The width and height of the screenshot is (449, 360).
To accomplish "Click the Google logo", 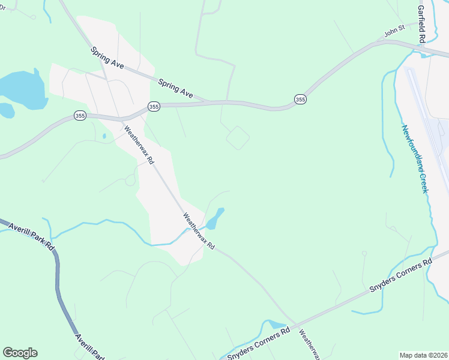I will tap(20, 353).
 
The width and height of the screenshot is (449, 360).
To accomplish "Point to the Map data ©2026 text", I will tap(423, 355).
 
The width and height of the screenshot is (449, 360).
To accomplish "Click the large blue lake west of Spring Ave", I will tap(23, 88).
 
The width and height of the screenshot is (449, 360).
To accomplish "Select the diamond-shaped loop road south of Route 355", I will tap(238, 137).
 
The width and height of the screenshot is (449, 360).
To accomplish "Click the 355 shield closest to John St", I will tap(300, 99).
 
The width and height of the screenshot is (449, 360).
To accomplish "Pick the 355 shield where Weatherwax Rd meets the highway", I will tap(154, 106).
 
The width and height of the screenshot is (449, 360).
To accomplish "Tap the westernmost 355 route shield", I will tap(80, 115).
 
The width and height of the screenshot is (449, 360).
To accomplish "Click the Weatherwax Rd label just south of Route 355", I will tap(139, 145).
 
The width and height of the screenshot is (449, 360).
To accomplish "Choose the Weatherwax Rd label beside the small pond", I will tap(199, 232).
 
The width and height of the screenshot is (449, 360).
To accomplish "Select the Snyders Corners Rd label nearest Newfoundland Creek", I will tap(400, 277).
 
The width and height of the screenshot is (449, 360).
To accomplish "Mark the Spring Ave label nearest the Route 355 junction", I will tap(176, 88).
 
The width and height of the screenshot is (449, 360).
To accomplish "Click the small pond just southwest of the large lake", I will tap(6, 110).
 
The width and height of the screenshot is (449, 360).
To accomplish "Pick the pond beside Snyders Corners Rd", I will tap(277, 325).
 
